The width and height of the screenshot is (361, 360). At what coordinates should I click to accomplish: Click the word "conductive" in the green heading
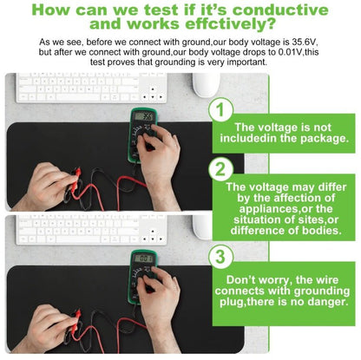pos(280,10)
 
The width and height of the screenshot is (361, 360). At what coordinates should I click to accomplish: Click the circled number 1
pos(220,109)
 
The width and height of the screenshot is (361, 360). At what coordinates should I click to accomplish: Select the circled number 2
pos(220,169)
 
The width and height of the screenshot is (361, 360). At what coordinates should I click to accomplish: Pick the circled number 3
pos(220,257)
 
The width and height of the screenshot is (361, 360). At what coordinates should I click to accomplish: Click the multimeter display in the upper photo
pos(144,116)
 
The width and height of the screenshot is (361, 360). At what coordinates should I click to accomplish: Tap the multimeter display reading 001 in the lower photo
pos(143,259)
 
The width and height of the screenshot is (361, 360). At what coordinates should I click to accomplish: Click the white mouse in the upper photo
pos(207,85)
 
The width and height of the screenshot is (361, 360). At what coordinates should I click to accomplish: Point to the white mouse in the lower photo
pos(203,227)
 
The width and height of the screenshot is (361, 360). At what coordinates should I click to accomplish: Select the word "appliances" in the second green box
pos(266,209)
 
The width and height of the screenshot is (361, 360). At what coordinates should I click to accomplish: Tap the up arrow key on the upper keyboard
pos(153,89)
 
